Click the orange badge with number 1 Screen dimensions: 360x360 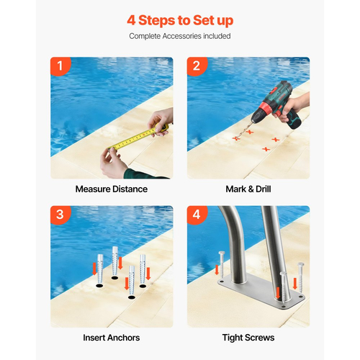click(60, 66)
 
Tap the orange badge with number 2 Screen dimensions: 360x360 click(197, 66)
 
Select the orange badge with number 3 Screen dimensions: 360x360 click(60, 215)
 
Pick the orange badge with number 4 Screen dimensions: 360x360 click(197, 215)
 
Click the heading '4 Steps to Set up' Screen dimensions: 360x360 click(180, 20)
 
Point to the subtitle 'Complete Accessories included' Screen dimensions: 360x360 click(180, 36)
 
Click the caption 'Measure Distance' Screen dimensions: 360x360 click(112, 189)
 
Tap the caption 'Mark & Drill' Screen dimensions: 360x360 click(248, 189)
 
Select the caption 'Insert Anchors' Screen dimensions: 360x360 click(112, 338)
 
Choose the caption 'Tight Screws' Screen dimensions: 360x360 click(248, 338)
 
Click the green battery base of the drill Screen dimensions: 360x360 click(294, 120)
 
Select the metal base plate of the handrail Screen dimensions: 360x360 click(261, 292)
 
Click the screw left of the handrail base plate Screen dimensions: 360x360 click(222, 265)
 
